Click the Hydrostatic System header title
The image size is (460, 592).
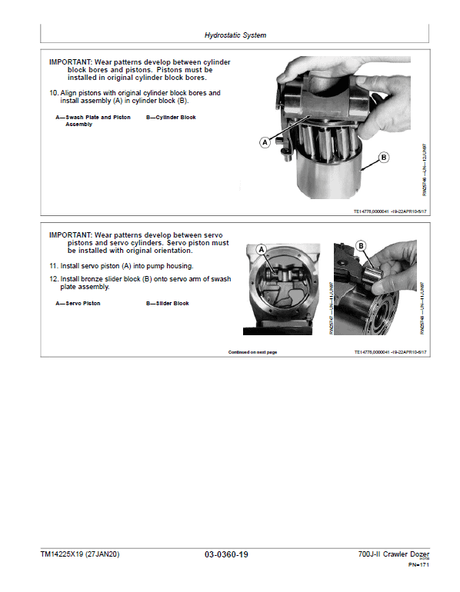(x=235, y=35)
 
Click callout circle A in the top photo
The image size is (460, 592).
(x=265, y=142)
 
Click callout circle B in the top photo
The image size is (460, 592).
(x=383, y=160)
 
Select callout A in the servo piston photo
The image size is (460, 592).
(x=261, y=250)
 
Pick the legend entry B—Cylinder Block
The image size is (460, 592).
(x=171, y=118)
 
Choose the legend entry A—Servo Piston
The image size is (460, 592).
(x=78, y=304)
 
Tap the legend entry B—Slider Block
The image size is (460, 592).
(x=168, y=304)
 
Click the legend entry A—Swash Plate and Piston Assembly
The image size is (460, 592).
(x=92, y=121)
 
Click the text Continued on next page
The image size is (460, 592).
(x=252, y=352)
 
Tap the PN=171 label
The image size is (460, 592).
(x=418, y=565)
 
